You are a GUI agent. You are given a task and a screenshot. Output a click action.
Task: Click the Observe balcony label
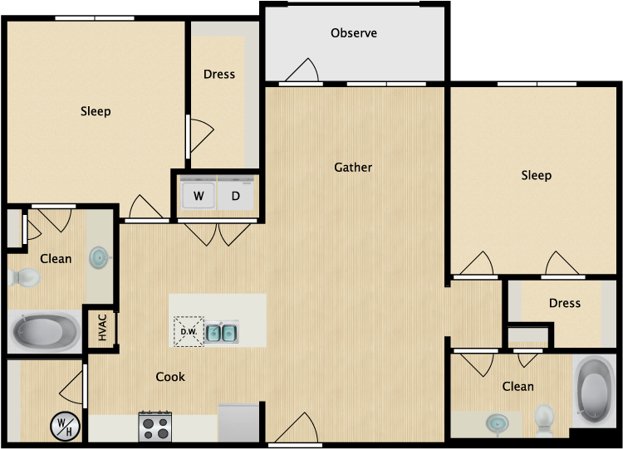pos(354,33)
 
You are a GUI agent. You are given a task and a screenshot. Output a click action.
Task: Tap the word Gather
pos(353,168)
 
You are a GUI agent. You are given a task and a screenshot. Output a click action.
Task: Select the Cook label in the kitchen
pos(170,377)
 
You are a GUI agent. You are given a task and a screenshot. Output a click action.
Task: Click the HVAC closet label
pos(102,328)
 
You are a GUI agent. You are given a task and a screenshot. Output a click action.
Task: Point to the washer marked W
pos(199,195)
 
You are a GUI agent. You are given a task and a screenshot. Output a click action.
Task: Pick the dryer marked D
pos(235,195)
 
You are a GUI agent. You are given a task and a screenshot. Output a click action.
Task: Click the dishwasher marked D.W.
pos(189,331)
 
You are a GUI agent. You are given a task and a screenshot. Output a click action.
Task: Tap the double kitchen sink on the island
pos(222,332)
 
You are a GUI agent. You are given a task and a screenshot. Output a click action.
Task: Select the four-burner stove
pos(155,427)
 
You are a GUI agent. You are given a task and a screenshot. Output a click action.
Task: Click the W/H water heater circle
pos(65,427)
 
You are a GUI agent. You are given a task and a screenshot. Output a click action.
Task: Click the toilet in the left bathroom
pos(24,277)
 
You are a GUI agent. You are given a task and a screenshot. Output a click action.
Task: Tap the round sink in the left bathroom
pos(99,257)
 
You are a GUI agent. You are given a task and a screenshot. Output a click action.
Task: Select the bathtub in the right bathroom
pos(594,391)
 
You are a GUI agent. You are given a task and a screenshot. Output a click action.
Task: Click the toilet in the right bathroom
pos(544,420)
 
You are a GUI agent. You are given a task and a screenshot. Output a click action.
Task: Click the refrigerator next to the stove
pos(238,422)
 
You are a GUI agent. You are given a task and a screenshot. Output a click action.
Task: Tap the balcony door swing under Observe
pos(302,71)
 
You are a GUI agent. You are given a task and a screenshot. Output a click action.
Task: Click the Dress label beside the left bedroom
pos(219,74)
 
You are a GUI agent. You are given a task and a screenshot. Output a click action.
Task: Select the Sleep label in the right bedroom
pos(536,175)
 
